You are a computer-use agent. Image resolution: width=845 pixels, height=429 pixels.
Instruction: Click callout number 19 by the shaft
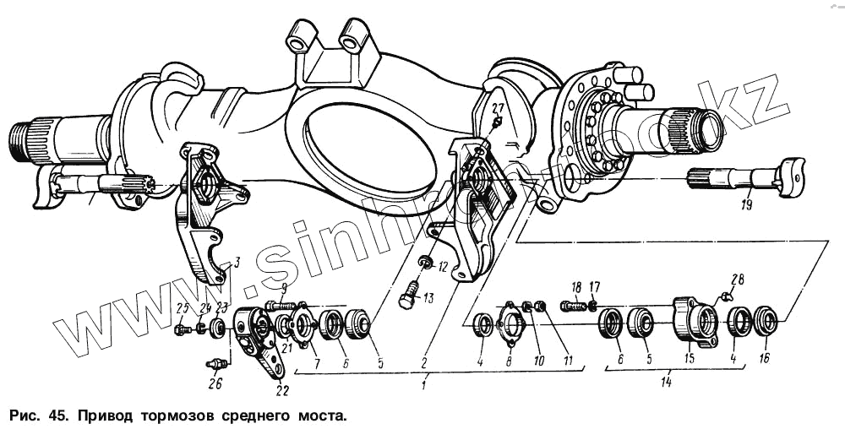(747, 204)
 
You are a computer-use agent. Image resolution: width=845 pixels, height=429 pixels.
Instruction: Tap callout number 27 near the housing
(497, 108)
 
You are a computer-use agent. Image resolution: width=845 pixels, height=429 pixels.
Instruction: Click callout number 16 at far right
(765, 358)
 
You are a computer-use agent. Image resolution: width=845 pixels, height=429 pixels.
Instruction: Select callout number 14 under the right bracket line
(668, 383)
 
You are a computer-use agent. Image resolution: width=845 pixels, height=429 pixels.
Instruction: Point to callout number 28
(738, 280)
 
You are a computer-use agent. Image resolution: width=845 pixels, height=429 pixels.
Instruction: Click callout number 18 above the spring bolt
(577, 287)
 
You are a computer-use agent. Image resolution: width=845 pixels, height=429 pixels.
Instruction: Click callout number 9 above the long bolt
(284, 287)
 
